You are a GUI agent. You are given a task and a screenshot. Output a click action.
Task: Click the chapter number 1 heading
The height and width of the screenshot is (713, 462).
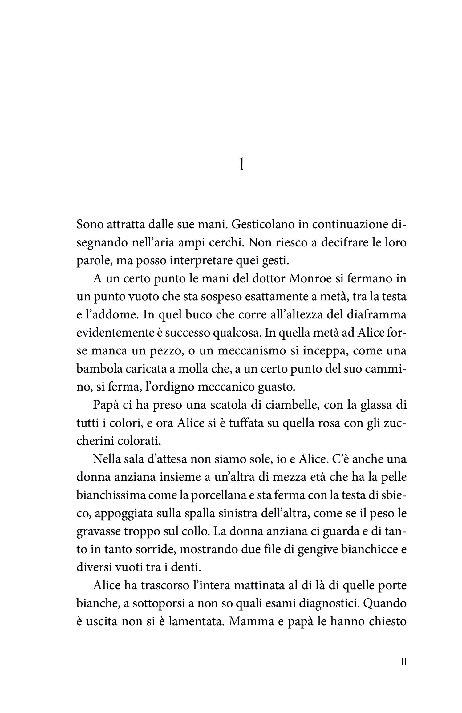(x=241, y=166)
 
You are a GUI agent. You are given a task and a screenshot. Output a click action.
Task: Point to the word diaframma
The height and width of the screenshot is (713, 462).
(x=377, y=316)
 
